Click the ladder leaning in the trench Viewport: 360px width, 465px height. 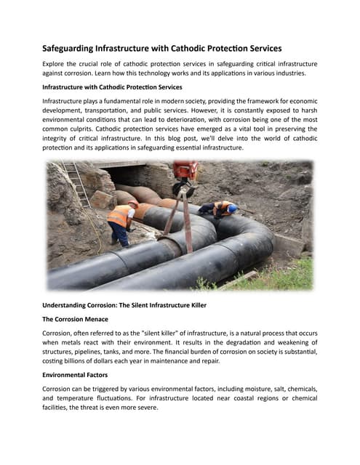(77, 184)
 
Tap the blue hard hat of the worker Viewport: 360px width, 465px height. (232, 209)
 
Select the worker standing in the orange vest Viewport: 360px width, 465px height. (121, 222)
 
